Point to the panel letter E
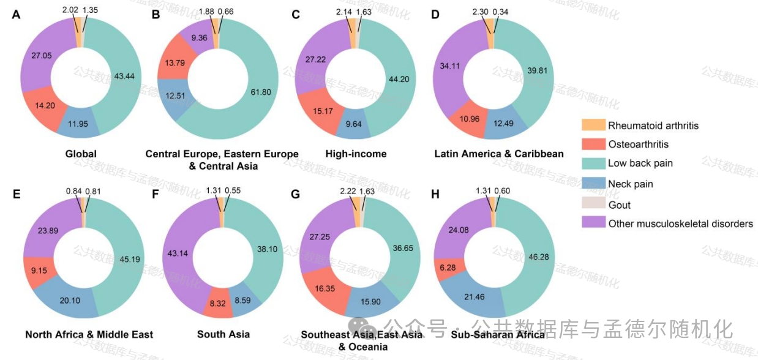click(16, 195)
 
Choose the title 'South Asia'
click(223, 334)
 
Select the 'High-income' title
click(356, 154)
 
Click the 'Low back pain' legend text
click(640, 163)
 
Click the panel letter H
click(435, 195)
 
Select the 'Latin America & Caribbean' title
click(499, 154)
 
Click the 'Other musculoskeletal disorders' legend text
click(680, 223)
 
